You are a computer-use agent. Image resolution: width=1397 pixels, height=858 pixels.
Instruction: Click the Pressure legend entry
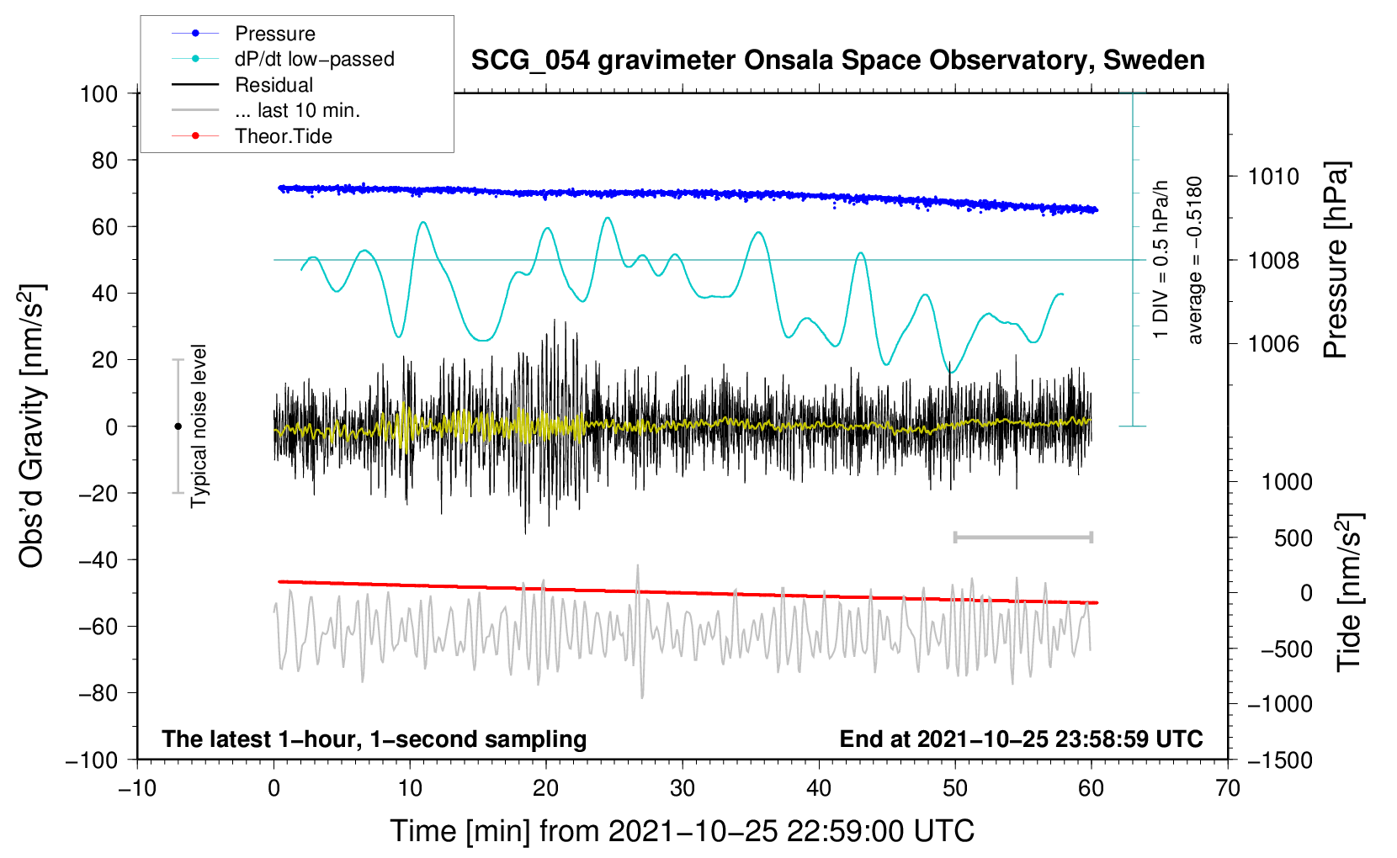[274, 34]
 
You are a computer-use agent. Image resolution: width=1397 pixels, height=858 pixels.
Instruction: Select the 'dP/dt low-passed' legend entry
[314, 59]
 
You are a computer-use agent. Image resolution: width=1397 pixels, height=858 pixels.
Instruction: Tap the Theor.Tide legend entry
[283, 136]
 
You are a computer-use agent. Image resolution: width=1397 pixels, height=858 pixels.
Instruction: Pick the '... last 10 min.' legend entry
[297, 110]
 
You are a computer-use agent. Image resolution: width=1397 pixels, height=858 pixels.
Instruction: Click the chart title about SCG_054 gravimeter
[837, 61]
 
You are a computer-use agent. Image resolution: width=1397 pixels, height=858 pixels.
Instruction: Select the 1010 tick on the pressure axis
[1273, 177]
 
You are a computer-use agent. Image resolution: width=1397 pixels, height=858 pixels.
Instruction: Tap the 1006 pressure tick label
[1273, 343]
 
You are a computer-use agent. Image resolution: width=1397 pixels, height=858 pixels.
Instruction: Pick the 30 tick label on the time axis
[683, 788]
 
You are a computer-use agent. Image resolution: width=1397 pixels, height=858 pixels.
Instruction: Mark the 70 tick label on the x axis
[1228, 788]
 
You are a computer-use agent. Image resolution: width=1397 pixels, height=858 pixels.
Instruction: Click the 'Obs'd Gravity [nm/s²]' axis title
[32, 426]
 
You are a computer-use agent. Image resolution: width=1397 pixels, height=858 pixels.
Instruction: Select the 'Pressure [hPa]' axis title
[1336, 261]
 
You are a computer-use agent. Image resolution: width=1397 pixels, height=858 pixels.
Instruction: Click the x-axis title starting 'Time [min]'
[682, 831]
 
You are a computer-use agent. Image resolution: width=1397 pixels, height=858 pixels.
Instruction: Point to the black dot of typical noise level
[178, 426]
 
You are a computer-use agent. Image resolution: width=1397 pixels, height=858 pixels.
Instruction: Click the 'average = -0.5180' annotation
[1195, 261]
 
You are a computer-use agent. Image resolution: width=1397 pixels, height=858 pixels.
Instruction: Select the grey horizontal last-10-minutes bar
[1023, 537]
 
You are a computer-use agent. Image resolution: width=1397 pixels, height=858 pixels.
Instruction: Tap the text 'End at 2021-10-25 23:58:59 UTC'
[1021, 739]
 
